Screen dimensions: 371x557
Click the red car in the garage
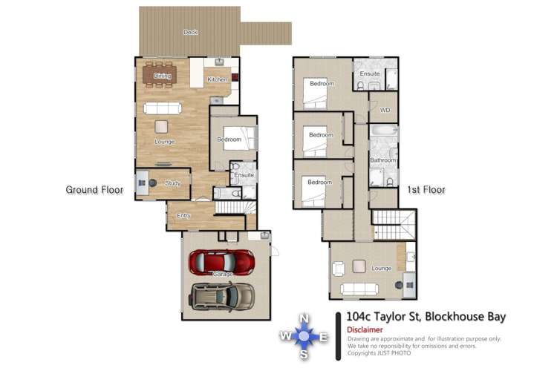coord(222,260)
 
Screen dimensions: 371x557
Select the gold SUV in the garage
coord(221,295)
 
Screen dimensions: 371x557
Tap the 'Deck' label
coord(191,32)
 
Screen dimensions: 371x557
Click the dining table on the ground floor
coord(163,74)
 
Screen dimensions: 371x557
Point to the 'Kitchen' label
coord(217,79)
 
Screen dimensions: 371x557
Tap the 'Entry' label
coord(183,216)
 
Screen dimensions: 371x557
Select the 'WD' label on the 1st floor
coord(385,111)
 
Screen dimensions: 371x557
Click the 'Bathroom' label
coord(383,160)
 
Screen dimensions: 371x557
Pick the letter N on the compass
coord(304,318)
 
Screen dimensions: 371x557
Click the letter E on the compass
coord(324,338)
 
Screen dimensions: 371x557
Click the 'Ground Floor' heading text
coord(94,190)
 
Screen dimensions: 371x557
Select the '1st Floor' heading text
coord(426,190)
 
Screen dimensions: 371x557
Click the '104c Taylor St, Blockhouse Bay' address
coord(426,317)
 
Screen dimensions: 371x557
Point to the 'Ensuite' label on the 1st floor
coord(370,74)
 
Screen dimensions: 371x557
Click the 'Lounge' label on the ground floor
coord(164,141)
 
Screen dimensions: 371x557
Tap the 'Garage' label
coord(222,275)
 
